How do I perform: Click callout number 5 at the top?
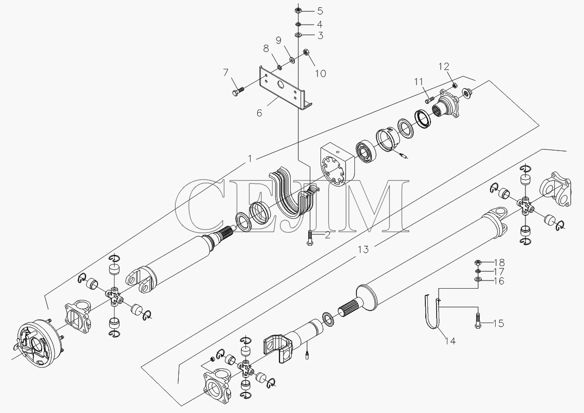coord(320,10)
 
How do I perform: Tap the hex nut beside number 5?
coord(298,10)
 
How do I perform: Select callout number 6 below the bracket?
coord(259,112)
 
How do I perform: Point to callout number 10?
coord(321,73)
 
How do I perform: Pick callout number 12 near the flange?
coord(444,67)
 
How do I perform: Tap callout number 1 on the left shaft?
coord(250,159)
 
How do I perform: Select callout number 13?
coord(363,249)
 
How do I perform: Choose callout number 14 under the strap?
coord(450,341)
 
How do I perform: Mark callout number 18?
coord(499,262)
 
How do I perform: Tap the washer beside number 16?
coord(478,279)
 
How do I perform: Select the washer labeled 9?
coord(292,59)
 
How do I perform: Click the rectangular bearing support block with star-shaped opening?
coord(336,166)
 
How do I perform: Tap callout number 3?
coord(320,36)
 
